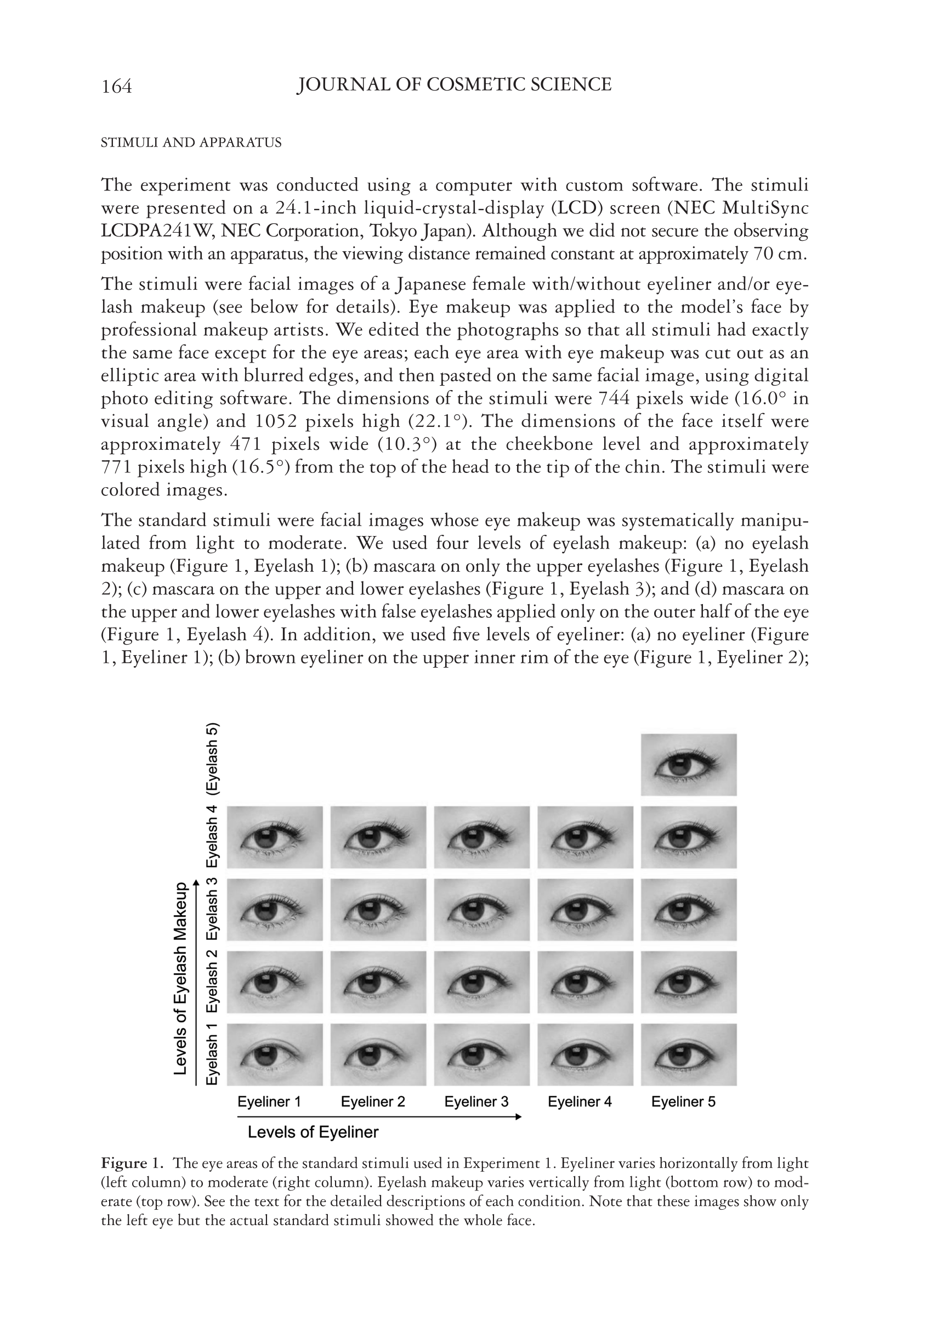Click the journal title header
(x=454, y=85)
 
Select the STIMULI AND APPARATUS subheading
(x=191, y=143)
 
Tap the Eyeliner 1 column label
(x=270, y=1102)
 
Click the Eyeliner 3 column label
(x=476, y=1102)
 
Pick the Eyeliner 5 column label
(x=683, y=1102)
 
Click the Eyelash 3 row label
(x=213, y=909)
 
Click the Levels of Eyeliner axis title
(x=313, y=1132)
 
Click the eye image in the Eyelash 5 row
(x=689, y=765)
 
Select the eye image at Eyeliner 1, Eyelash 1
(x=275, y=1054)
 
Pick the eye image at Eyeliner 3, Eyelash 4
(x=481, y=837)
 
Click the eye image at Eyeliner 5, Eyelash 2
(x=689, y=981)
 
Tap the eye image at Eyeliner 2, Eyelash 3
(x=378, y=909)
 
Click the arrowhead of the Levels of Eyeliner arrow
(x=518, y=1116)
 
